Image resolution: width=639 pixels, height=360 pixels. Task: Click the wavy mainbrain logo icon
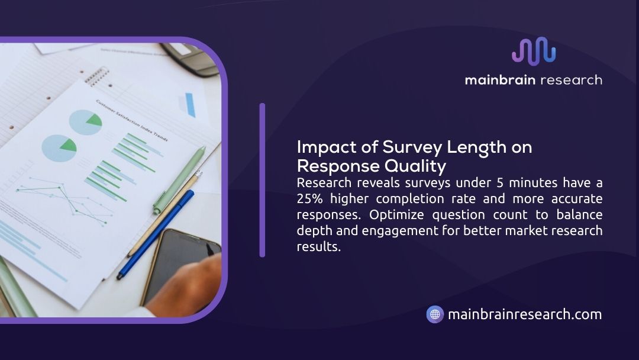point(534,51)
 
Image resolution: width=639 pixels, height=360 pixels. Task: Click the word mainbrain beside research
point(500,79)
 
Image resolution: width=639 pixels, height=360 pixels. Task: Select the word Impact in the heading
point(327,147)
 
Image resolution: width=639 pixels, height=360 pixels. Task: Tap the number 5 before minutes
point(500,182)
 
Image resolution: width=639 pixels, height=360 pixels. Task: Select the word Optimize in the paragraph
point(396,214)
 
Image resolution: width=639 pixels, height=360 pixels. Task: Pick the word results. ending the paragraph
point(319,247)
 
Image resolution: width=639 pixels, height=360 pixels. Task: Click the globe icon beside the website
point(435,314)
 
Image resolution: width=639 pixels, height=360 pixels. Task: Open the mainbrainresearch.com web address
point(525,314)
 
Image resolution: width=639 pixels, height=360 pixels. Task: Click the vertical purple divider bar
point(262,180)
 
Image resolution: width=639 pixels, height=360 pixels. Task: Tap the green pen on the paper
point(179,180)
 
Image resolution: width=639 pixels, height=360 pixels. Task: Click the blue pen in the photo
point(155,234)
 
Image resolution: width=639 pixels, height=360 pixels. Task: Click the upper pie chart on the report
point(85,123)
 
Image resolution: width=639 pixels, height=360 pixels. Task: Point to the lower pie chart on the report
point(59,148)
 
